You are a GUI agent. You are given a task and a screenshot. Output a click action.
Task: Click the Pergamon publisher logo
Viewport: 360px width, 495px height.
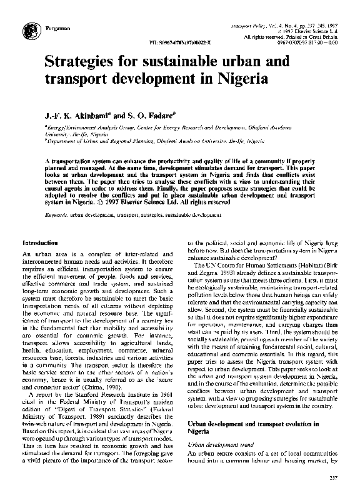click(x=29, y=30)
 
